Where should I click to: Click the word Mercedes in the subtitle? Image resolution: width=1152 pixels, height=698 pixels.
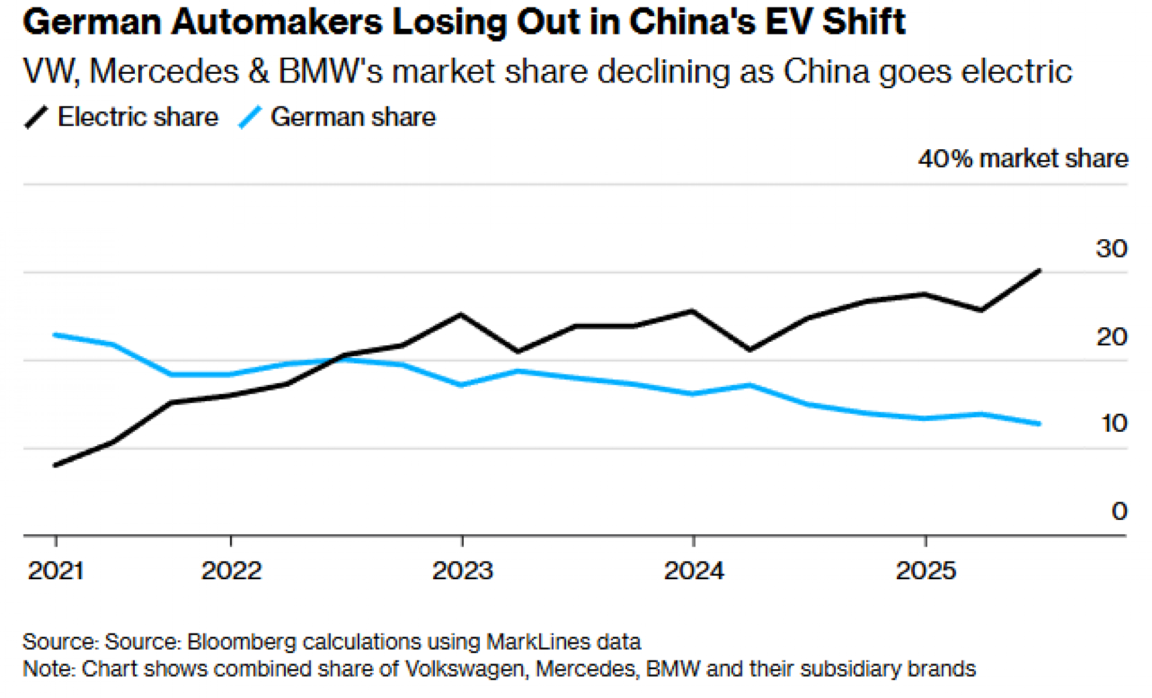coord(164,72)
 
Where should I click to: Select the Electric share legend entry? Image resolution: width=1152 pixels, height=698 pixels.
coord(138,117)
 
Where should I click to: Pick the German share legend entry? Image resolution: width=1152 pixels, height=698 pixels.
coord(353,117)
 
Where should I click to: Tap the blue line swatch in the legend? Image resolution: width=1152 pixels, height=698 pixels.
coord(250,117)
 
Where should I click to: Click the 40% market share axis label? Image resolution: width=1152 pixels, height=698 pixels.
coord(1023,159)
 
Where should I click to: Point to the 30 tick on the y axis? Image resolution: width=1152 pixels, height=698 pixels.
coord(1111,249)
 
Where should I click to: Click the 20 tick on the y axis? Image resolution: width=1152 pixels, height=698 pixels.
coord(1111,337)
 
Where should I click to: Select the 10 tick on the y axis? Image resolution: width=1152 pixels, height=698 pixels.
coord(1113,424)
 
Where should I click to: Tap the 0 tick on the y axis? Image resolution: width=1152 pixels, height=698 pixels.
coord(1119,511)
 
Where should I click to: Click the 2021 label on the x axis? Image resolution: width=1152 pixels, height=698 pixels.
coord(56,571)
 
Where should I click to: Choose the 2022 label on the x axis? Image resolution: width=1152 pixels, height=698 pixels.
coord(231,571)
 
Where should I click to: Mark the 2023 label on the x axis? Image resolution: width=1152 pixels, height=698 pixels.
coord(463,571)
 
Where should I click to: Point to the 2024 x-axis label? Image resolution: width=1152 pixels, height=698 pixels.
coord(694,571)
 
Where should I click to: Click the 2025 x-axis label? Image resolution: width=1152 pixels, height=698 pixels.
coord(926,571)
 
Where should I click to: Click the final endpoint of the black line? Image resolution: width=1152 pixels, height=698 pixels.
coord(1039,270)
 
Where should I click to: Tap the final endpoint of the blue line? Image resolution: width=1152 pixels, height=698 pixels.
coord(1039,424)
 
